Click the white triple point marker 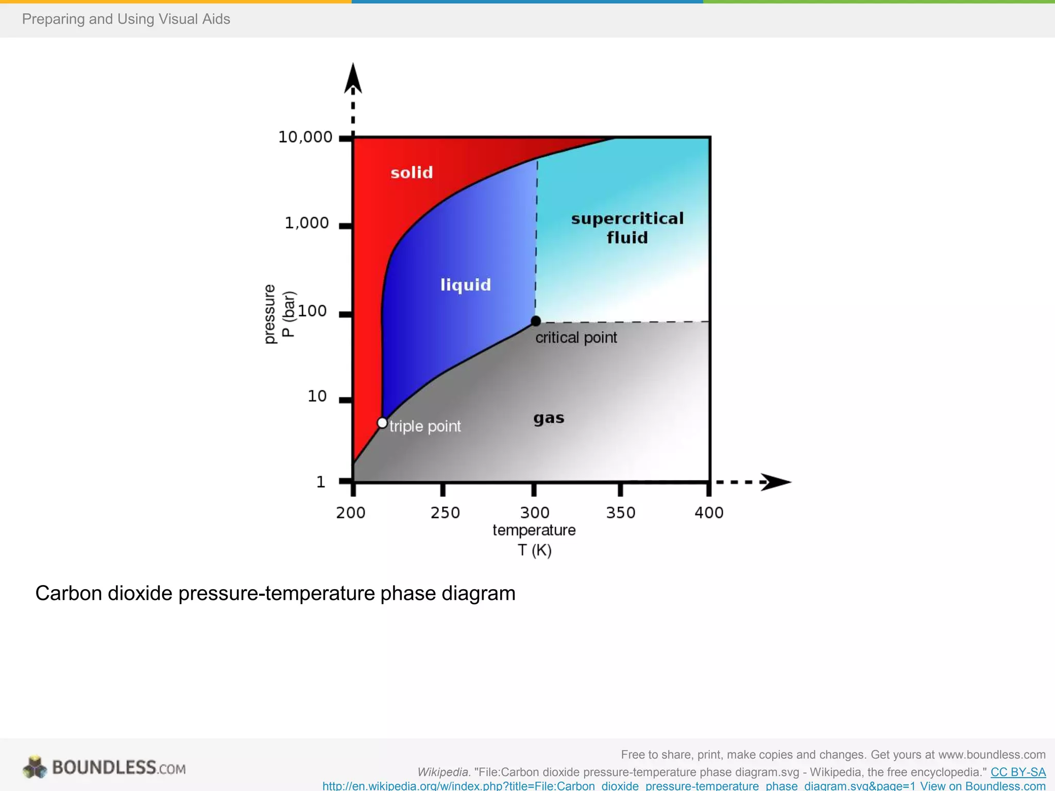(x=382, y=423)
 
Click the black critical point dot (x=536, y=321)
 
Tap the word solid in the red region (x=412, y=173)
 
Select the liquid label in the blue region (x=466, y=285)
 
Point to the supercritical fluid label (x=627, y=228)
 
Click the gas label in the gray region (x=549, y=418)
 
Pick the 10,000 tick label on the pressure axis (x=305, y=137)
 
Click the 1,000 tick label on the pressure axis (x=307, y=223)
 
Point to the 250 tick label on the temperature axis (x=445, y=512)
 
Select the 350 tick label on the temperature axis (x=621, y=512)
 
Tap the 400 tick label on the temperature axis (x=709, y=512)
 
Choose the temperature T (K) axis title (x=534, y=540)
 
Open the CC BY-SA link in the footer (x=1018, y=772)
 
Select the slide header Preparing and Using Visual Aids (x=126, y=19)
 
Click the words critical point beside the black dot (x=576, y=338)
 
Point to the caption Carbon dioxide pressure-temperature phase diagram (x=275, y=593)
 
